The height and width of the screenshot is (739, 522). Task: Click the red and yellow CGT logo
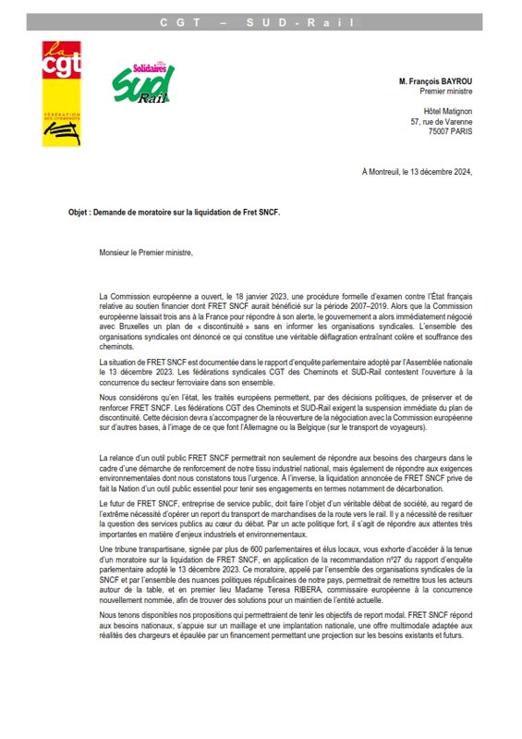pyautogui.click(x=61, y=92)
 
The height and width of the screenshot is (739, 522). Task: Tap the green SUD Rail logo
pyautogui.click(x=143, y=84)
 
